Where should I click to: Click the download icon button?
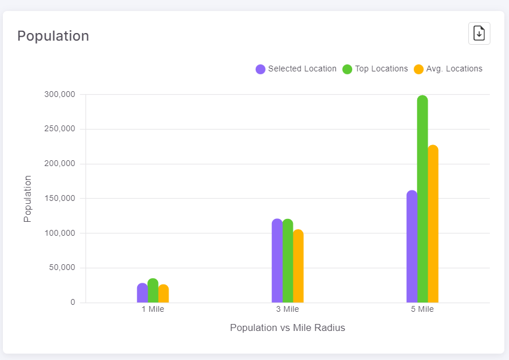[x=479, y=33]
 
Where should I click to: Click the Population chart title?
[x=53, y=36]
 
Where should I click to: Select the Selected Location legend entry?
[x=296, y=69]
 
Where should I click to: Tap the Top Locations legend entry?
[x=375, y=69]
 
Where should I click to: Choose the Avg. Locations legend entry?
[x=448, y=69]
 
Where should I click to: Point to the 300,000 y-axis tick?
[x=60, y=94]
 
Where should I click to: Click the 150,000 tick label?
[x=60, y=199]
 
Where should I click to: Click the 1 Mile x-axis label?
[x=153, y=309]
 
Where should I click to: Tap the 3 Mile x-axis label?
[x=288, y=309]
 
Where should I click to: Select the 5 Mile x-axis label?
[x=422, y=309]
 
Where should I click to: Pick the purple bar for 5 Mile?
[x=412, y=247]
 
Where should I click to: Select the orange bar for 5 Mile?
[x=433, y=224]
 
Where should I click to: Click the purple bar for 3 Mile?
[x=277, y=261]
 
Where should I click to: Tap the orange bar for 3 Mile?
[x=298, y=267]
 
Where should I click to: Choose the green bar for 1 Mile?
[x=153, y=291]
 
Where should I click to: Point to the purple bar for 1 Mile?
[x=142, y=293]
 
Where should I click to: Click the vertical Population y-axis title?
[x=27, y=199]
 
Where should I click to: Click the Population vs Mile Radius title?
[x=288, y=328]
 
